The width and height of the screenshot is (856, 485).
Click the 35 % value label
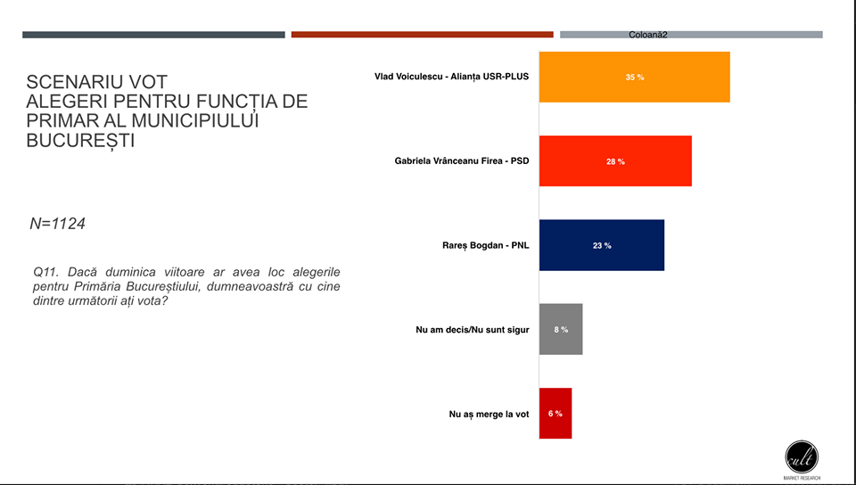[x=634, y=78]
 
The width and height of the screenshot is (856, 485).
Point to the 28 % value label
[x=615, y=161]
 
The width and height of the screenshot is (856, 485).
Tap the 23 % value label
[x=602, y=245]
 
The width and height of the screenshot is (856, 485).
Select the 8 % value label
[x=561, y=330]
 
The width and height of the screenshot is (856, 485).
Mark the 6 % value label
[x=556, y=414]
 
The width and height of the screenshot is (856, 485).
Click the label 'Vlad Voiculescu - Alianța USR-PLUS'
[x=451, y=77]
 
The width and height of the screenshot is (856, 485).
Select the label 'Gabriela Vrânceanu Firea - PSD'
[x=462, y=161]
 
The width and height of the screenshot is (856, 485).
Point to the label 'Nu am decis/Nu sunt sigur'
[x=473, y=330]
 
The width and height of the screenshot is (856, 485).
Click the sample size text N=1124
[x=58, y=224]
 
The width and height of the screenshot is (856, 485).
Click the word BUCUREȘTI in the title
[x=81, y=141]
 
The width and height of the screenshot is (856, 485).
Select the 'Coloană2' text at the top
[x=648, y=35]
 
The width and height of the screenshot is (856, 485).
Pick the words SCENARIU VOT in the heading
[x=97, y=82]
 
